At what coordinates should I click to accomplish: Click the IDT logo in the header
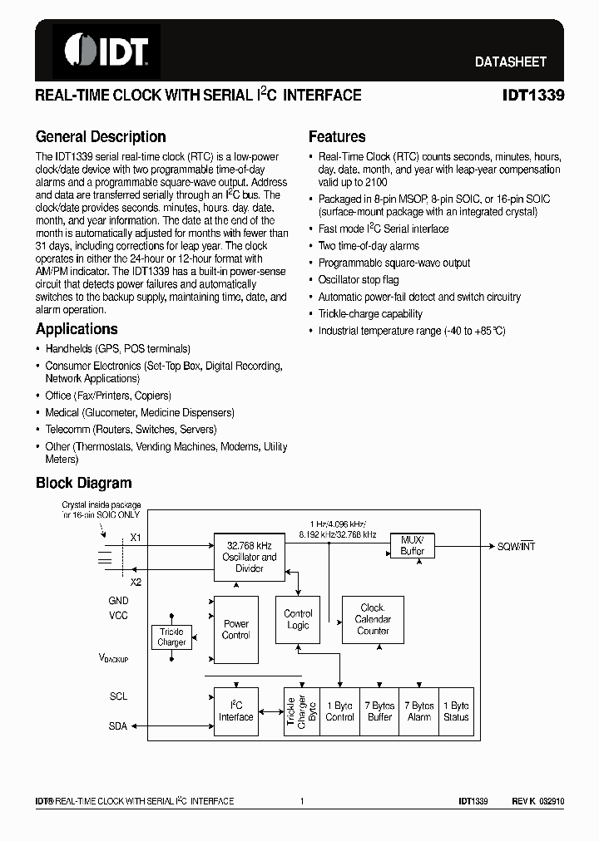[106, 51]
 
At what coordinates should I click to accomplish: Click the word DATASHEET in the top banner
[511, 61]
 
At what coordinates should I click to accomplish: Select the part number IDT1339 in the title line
[533, 96]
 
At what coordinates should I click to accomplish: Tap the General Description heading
[101, 137]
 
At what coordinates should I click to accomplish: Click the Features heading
[337, 137]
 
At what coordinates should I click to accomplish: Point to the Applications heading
[77, 329]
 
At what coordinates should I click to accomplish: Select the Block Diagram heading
[83, 483]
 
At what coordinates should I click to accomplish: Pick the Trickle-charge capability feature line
[370, 314]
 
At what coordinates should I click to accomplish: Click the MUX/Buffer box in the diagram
[412, 545]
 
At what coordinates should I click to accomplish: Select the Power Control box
[236, 629]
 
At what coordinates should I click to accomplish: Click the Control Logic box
[298, 620]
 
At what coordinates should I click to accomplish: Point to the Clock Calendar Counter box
[373, 619]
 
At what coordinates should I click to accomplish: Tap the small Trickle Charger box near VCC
[171, 637]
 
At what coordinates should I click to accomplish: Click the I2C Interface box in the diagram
[236, 711]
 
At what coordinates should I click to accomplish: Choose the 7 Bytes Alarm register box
[419, 711]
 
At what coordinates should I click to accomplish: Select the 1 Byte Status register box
[456, 711]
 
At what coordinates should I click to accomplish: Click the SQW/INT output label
[517, 546]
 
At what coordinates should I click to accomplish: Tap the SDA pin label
[118, 725]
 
